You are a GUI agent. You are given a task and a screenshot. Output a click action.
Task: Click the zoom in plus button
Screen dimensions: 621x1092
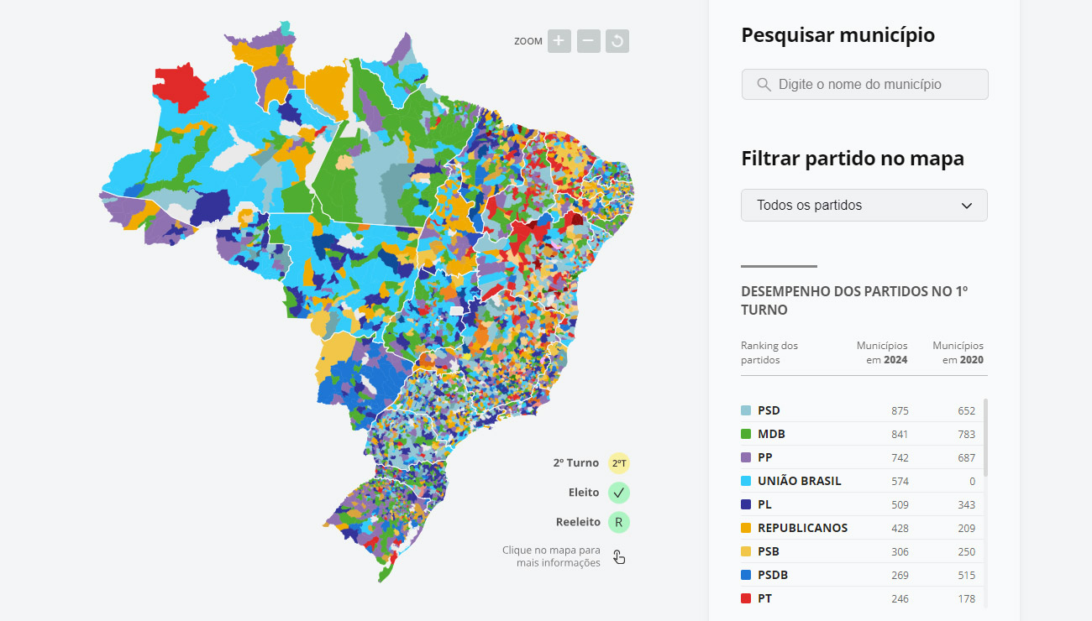pyautogui.click(x=559, y=41)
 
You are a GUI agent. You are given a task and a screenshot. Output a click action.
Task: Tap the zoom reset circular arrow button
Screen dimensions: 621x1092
pyautogui.click(x=617, y=41)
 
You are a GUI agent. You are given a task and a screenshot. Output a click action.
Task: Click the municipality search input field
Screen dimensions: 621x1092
pyautogui.click(x=864, y=85)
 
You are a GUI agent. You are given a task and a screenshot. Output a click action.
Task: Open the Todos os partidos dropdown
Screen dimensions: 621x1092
pyautogui.click(x=864, y=206)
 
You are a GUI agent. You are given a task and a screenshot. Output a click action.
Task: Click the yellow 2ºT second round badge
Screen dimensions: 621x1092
pyautogui.click(x=619, y=463)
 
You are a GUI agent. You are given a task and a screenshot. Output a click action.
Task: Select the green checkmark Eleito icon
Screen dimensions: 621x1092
pyautogui.click(x=619, y=493)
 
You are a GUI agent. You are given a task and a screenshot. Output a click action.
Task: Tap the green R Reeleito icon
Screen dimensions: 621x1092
pyautogui.click(x=619, y=522)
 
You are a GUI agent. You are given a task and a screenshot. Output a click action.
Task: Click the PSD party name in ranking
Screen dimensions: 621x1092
pyautogui.click(x=769, y=411)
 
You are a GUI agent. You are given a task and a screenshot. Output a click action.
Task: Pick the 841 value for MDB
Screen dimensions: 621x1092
pyautogui.click(x=900, y=435)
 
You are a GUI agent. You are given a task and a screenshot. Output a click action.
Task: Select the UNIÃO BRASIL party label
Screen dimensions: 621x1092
pyautogui.click(x=799, y=482)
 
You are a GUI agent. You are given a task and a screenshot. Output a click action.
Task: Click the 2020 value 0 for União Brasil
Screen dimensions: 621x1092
pyautogui.click(x=972, y=482)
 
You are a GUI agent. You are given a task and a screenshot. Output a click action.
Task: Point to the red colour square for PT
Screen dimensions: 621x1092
pyautogui.click(x=746, y=599)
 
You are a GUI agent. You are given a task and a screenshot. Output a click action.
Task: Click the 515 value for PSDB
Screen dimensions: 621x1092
pyautogui.click(x=967, y=576)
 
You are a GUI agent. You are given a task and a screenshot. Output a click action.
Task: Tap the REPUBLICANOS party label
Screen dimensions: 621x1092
pyautogui.click(x=802, y=529)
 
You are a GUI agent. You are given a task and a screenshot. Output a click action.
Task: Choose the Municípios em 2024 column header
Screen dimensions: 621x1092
pyautogui.click(x=882, y=352)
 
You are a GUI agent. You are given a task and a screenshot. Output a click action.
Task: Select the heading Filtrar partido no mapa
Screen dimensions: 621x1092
pyautogui.click(x=852, y=159)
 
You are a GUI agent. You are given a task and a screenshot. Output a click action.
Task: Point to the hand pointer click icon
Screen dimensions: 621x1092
pyautogui.click(x=619, y=556)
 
